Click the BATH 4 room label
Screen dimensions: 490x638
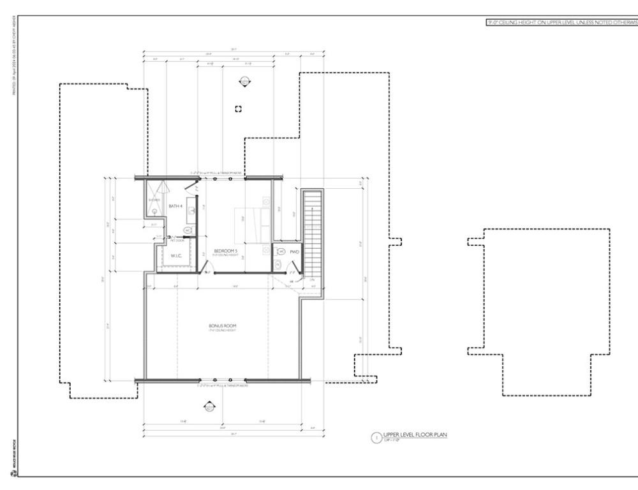175,206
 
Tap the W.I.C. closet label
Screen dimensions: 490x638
176,256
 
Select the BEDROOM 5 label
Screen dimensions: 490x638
226,251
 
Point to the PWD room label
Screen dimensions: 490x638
294,252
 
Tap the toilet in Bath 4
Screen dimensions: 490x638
188,230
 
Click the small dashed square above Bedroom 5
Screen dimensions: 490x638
239,108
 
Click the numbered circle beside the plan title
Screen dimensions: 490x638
376,437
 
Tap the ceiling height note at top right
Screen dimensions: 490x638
561,22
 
